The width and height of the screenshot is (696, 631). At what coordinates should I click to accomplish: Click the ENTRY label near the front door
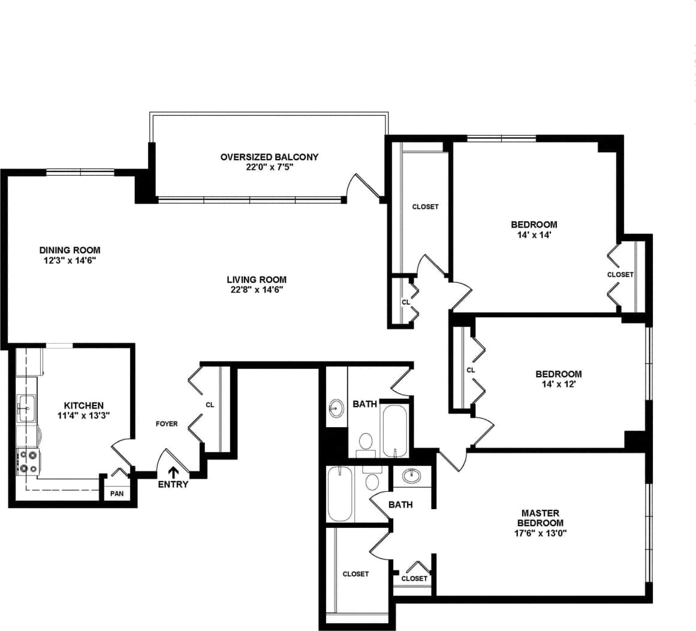click(x=173, y=484)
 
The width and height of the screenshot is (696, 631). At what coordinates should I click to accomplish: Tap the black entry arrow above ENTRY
click(x=174, y=473)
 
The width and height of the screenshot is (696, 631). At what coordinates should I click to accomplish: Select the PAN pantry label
click(x=116, y=494)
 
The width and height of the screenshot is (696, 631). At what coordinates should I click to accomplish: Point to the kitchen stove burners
click(x=28, y=461)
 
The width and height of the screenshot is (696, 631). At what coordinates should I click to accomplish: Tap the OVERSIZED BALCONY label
click(x=269, y=157)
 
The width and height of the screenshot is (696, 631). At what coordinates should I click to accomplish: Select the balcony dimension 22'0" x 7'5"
click(x=269, y=167)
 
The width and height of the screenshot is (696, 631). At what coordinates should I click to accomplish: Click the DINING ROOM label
click(x=70, y=250)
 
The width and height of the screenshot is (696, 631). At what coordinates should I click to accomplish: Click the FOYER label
click(x=167, y=423)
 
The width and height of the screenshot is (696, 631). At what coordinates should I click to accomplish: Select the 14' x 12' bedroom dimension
click(x=558, y=384)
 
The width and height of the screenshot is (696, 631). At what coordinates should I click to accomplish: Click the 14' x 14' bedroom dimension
click(x=534, y=235)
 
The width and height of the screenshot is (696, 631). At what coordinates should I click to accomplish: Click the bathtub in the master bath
click(x=341, y=495)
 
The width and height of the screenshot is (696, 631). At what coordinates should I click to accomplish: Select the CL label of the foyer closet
click(x=210, y=405)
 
